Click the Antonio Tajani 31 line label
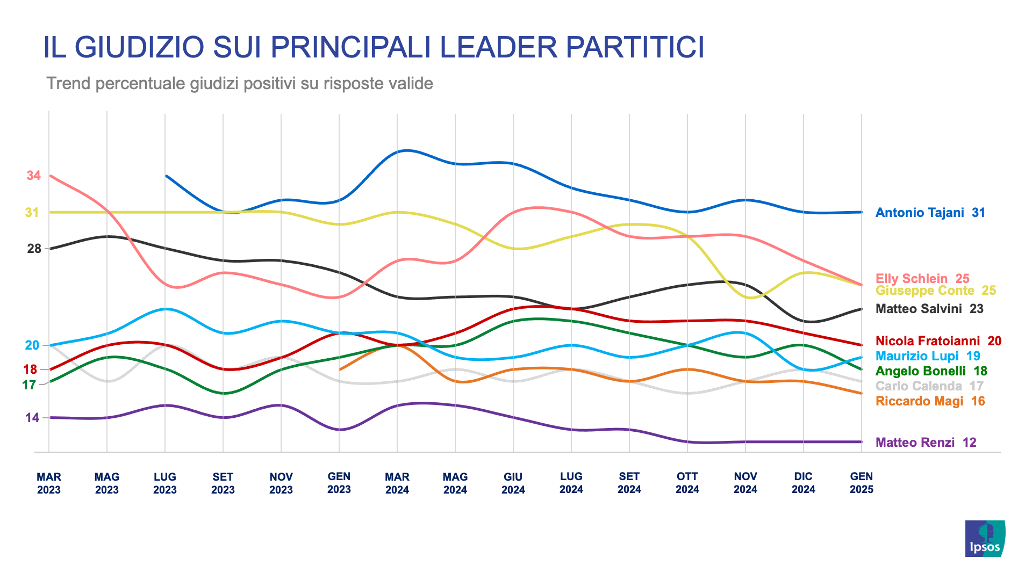click(930, 213)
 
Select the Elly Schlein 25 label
click(922, 278)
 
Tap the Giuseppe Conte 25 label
click(935, 291)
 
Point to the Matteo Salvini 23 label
click(929, 309)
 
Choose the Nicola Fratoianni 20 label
click(938, 341)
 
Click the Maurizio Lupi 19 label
click(928, 356)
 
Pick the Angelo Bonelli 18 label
click(931, 371)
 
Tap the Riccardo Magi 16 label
click(930, 401)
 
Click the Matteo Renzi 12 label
click(926, 443)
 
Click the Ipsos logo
click(985, 538)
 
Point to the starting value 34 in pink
click(33, 176)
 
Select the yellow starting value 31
click(32, 213)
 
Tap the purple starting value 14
click(32, 418)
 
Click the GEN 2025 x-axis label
click(861, 483)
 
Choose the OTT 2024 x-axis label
click(687, 483)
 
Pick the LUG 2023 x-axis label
click(164, 483)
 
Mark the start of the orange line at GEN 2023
click(340, 369)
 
